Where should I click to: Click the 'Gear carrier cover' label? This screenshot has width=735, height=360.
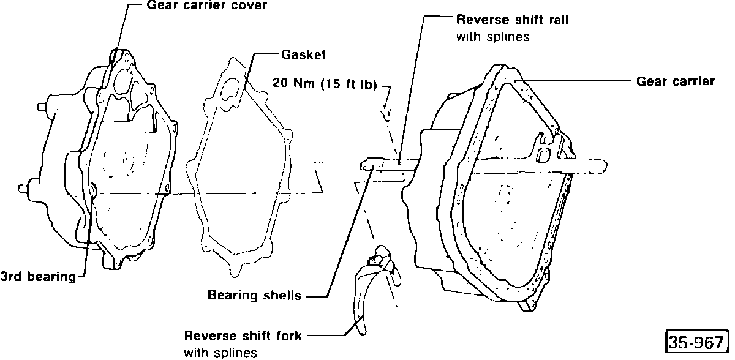tap(207, 6)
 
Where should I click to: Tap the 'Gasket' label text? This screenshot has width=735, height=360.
tap(303, 54)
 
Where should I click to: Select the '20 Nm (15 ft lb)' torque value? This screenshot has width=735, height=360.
tap(325, 83)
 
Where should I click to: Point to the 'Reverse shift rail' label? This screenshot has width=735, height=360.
tap(512, 20)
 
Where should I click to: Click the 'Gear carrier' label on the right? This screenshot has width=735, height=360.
tap(675, 81)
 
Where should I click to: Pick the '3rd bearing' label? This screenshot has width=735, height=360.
tap(38, 277)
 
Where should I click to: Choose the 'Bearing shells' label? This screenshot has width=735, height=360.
tap(254, 296)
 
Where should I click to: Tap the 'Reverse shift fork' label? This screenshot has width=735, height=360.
tap(243, 336)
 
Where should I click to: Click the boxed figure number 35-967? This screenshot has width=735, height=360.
tap(696, 342)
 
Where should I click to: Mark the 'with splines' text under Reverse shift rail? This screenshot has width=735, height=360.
tap(493, 37)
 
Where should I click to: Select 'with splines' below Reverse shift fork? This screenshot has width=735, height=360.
tap(220, 353)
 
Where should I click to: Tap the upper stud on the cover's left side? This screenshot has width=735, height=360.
tap(40, 107)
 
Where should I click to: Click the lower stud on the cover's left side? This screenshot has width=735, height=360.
tap(23, 189)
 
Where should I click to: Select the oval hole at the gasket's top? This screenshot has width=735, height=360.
tap(230, 89)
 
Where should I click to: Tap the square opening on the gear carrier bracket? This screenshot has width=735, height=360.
tap(544, 155)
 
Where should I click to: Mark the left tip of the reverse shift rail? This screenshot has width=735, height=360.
tap(361, 165)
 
